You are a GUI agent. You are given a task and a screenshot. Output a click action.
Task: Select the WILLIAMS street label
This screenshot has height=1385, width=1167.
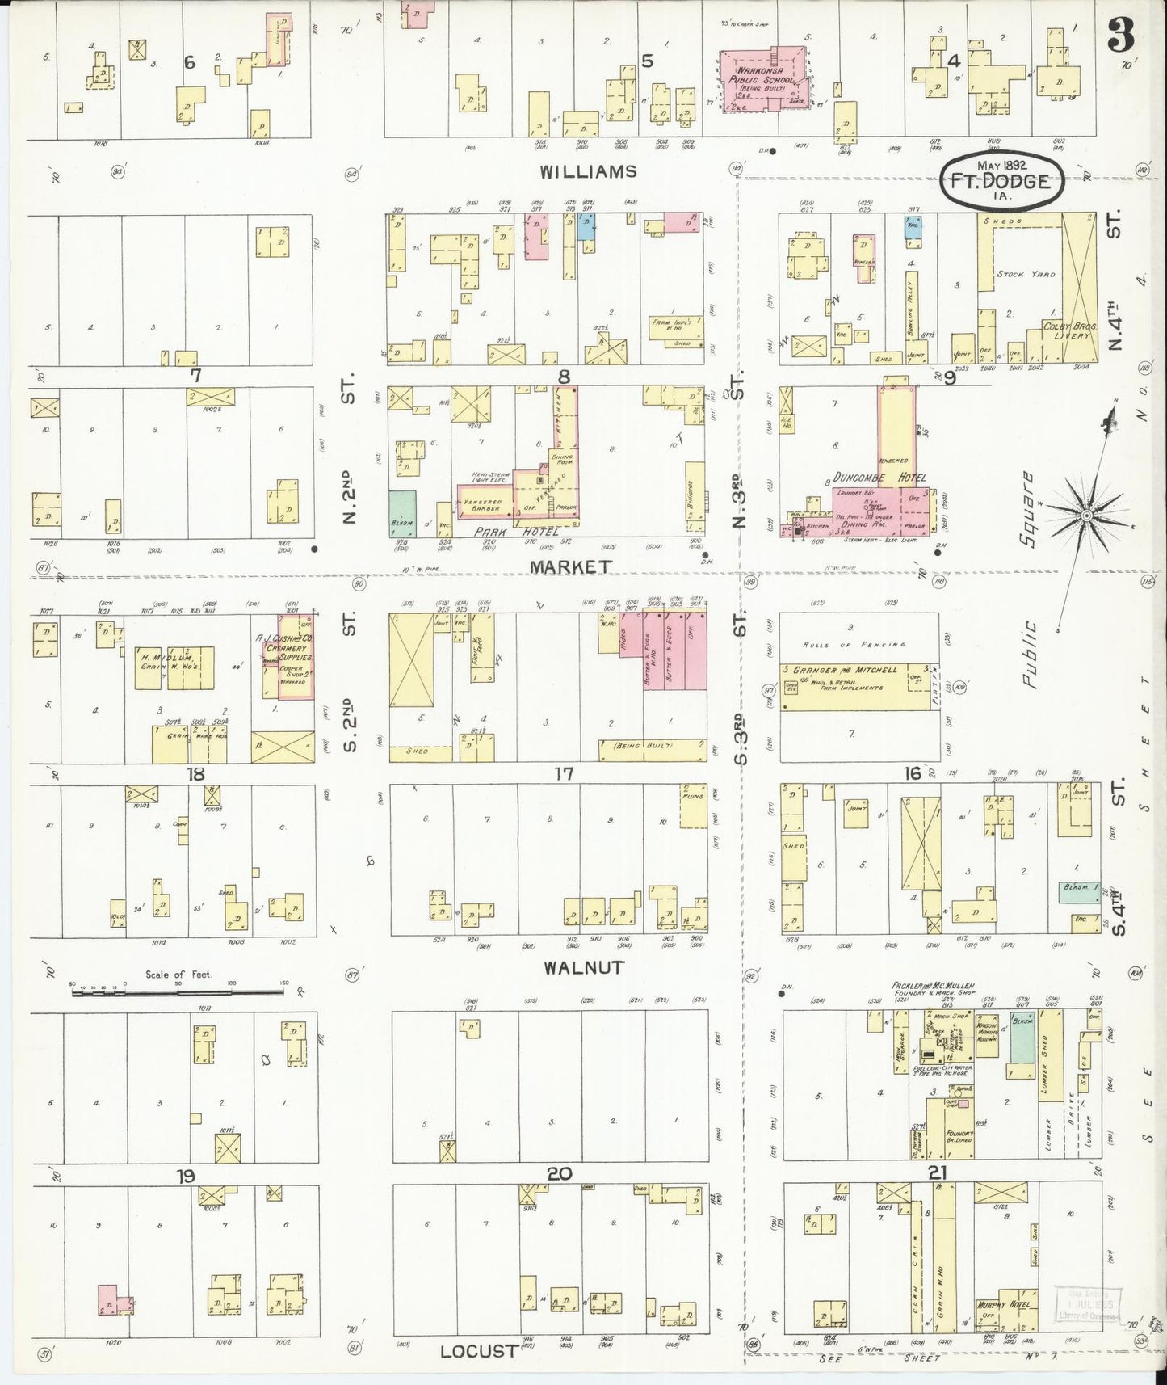[x=589, y=171]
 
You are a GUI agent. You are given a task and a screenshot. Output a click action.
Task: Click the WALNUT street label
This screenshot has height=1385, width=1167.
[x=583, y=966]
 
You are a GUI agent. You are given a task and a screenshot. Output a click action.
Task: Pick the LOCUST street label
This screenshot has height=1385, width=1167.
[x=478, y=1350]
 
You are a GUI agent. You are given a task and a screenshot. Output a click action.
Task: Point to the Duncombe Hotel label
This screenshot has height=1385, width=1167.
[x=888, y=478]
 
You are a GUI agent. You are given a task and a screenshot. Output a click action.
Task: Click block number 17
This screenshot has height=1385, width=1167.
[x=563, y=773]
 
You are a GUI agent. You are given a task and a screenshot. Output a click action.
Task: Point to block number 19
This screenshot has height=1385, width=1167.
[x=187, y=1174]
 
